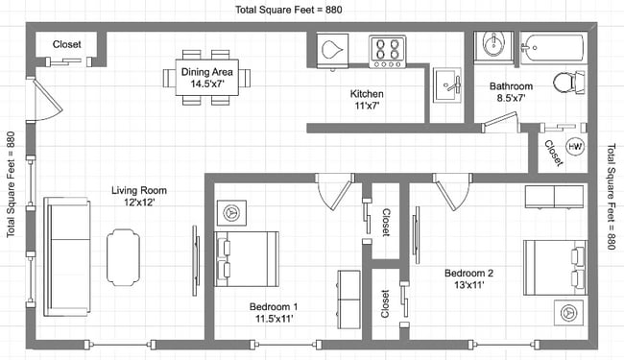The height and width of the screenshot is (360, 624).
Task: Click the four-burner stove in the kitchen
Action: [388, 51]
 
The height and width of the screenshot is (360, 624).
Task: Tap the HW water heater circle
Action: [574, 146]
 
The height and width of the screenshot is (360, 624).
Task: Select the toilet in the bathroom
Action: [569, 83]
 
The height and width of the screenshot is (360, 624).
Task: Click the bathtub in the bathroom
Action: [554, 47]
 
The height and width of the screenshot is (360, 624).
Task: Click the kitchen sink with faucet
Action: [447, 85]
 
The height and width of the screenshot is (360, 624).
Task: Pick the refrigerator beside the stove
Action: [333, 51]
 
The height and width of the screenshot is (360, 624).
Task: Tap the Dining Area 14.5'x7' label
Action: [207, 78]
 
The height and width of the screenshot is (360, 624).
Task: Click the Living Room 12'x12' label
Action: [139, 196]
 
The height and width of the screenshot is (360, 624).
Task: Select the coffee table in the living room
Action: [123, 257]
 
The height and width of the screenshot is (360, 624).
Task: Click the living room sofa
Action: [67, 256]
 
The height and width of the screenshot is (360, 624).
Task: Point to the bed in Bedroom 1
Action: [247, 259]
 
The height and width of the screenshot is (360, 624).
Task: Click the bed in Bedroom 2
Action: [555, 267]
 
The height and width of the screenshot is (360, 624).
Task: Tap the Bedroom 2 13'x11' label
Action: [468, 278]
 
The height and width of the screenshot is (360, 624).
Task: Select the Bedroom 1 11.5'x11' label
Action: [274, 312]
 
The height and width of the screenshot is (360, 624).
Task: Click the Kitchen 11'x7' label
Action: [367, 100]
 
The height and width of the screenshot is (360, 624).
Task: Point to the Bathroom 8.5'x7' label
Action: [511, 91]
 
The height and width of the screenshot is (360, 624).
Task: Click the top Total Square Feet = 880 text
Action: [289, 10]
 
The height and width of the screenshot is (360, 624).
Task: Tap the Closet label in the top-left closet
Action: [66, 44]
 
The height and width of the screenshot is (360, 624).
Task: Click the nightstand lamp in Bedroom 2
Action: [568, 313]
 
